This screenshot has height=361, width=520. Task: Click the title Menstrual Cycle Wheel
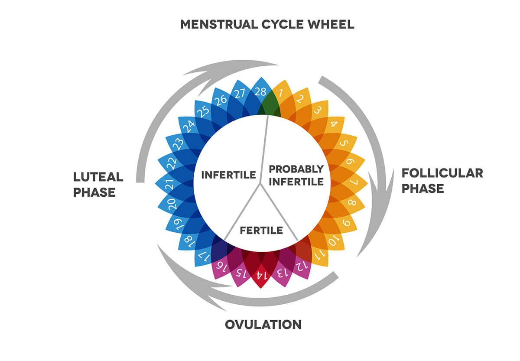(x=267, y=24)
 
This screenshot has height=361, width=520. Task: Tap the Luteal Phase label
(x=98, y=184)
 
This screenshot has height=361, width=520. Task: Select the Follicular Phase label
(x=442, y=180)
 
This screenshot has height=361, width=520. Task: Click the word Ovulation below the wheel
(x=263, y=325)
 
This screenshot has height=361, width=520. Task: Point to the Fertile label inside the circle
(x=261, y=230)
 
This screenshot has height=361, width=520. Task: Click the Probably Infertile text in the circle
(x=296, y=175)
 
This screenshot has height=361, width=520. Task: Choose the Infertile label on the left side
(x=228, y=175)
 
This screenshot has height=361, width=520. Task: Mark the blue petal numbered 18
(x=188, y=239)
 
